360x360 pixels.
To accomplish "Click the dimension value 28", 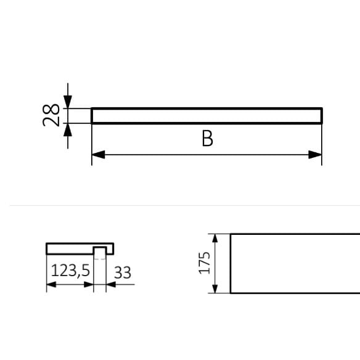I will click(x=52, y=115).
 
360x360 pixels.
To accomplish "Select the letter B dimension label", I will click(x=207, y=139).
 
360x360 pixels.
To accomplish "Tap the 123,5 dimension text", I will click(x=70, y=272).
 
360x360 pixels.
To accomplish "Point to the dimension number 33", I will click(x=123, y=272).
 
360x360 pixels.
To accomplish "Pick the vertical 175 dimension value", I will click(x=205, y=263).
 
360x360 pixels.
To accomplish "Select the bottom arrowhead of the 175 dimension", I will click(x=215, y=288).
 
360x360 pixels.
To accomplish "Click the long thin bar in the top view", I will click(x=207, y=116).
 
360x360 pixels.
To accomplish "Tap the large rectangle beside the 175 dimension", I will click(x=295, y=263).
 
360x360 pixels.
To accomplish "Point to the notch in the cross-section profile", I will click(x=99, y=250).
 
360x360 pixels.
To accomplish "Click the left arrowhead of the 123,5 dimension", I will click(x=52, y=285).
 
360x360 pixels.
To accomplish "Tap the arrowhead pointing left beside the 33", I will click(x=110, y=285).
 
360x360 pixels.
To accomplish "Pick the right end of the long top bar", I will click(x=321, y=116).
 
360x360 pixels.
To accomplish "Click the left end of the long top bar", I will click(x=93, y=116).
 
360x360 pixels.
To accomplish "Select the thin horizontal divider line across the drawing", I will click(x=180, y=206).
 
